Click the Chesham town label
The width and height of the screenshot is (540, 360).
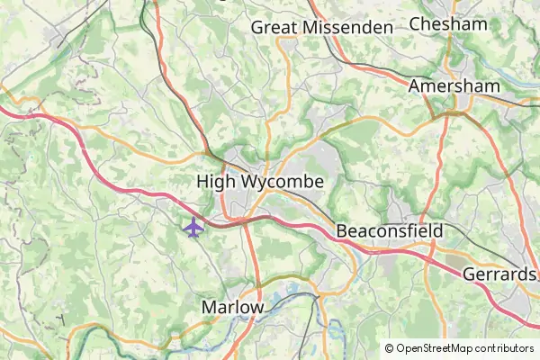[447, 24]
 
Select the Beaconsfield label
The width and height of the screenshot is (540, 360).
[390, 231]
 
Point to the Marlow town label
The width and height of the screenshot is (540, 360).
[233, 307]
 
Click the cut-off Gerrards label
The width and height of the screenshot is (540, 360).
[500, 274]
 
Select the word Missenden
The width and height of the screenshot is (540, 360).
[348, 27]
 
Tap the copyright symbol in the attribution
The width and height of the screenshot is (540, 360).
[390, 348]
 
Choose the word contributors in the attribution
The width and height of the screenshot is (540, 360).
[504, 348]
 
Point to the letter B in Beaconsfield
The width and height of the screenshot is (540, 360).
[342, 231]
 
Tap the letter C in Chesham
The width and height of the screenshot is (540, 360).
[415, 24]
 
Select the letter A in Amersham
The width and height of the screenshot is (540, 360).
[414, 85]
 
